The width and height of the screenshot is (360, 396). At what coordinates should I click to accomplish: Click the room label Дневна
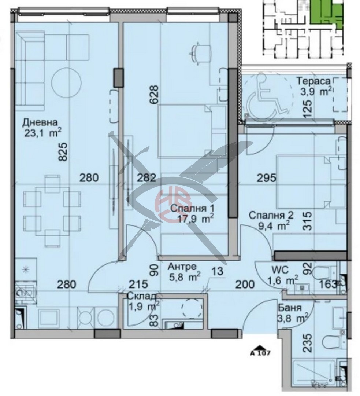click(40, 122)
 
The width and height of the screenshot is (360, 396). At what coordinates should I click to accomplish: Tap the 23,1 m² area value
click(42, 133)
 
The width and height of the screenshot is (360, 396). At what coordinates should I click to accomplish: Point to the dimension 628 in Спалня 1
click(155, 95)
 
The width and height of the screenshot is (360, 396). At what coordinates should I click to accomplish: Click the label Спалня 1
click(192, 209)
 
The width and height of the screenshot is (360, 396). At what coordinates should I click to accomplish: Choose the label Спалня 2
click(271, 216)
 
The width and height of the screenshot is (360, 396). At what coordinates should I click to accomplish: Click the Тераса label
click(313, 81)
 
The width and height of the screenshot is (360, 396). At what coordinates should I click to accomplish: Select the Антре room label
click(182, 267)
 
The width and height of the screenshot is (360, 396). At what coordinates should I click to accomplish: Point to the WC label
click(280, 270)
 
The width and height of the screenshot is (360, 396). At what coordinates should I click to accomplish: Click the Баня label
click(289, 308)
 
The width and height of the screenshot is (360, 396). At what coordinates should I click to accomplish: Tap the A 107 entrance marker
click(260, 351)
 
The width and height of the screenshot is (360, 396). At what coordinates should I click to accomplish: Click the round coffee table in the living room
click(67, 82)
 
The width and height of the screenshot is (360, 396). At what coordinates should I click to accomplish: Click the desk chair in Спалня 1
click(201, 53)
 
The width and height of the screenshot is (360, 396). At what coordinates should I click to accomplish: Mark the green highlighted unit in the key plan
click(326, 13)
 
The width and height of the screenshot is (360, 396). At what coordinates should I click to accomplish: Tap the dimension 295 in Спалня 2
click(267, 179)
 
